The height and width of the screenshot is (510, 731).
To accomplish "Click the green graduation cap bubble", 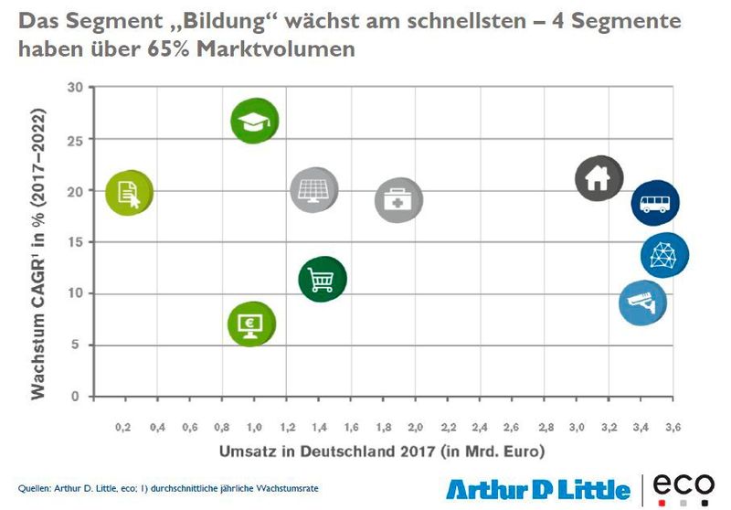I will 254,120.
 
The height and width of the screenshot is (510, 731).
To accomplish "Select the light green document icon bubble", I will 129,192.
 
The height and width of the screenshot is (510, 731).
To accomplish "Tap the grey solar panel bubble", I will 313,190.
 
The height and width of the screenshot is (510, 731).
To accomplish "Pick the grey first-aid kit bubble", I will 398,200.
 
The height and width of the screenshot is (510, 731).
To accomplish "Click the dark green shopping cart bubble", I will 322,279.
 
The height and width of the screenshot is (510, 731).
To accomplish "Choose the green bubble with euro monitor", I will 251,323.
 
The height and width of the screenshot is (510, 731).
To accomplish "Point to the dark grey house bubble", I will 599,178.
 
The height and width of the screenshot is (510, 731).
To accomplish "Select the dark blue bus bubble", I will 654,202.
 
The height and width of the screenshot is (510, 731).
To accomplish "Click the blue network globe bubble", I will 664,255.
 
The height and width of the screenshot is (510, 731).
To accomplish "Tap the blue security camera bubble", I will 642,303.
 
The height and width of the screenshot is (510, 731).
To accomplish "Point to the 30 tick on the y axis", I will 75,88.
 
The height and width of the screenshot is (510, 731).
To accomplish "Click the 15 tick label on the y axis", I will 75,242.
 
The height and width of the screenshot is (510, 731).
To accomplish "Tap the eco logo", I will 683,486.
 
